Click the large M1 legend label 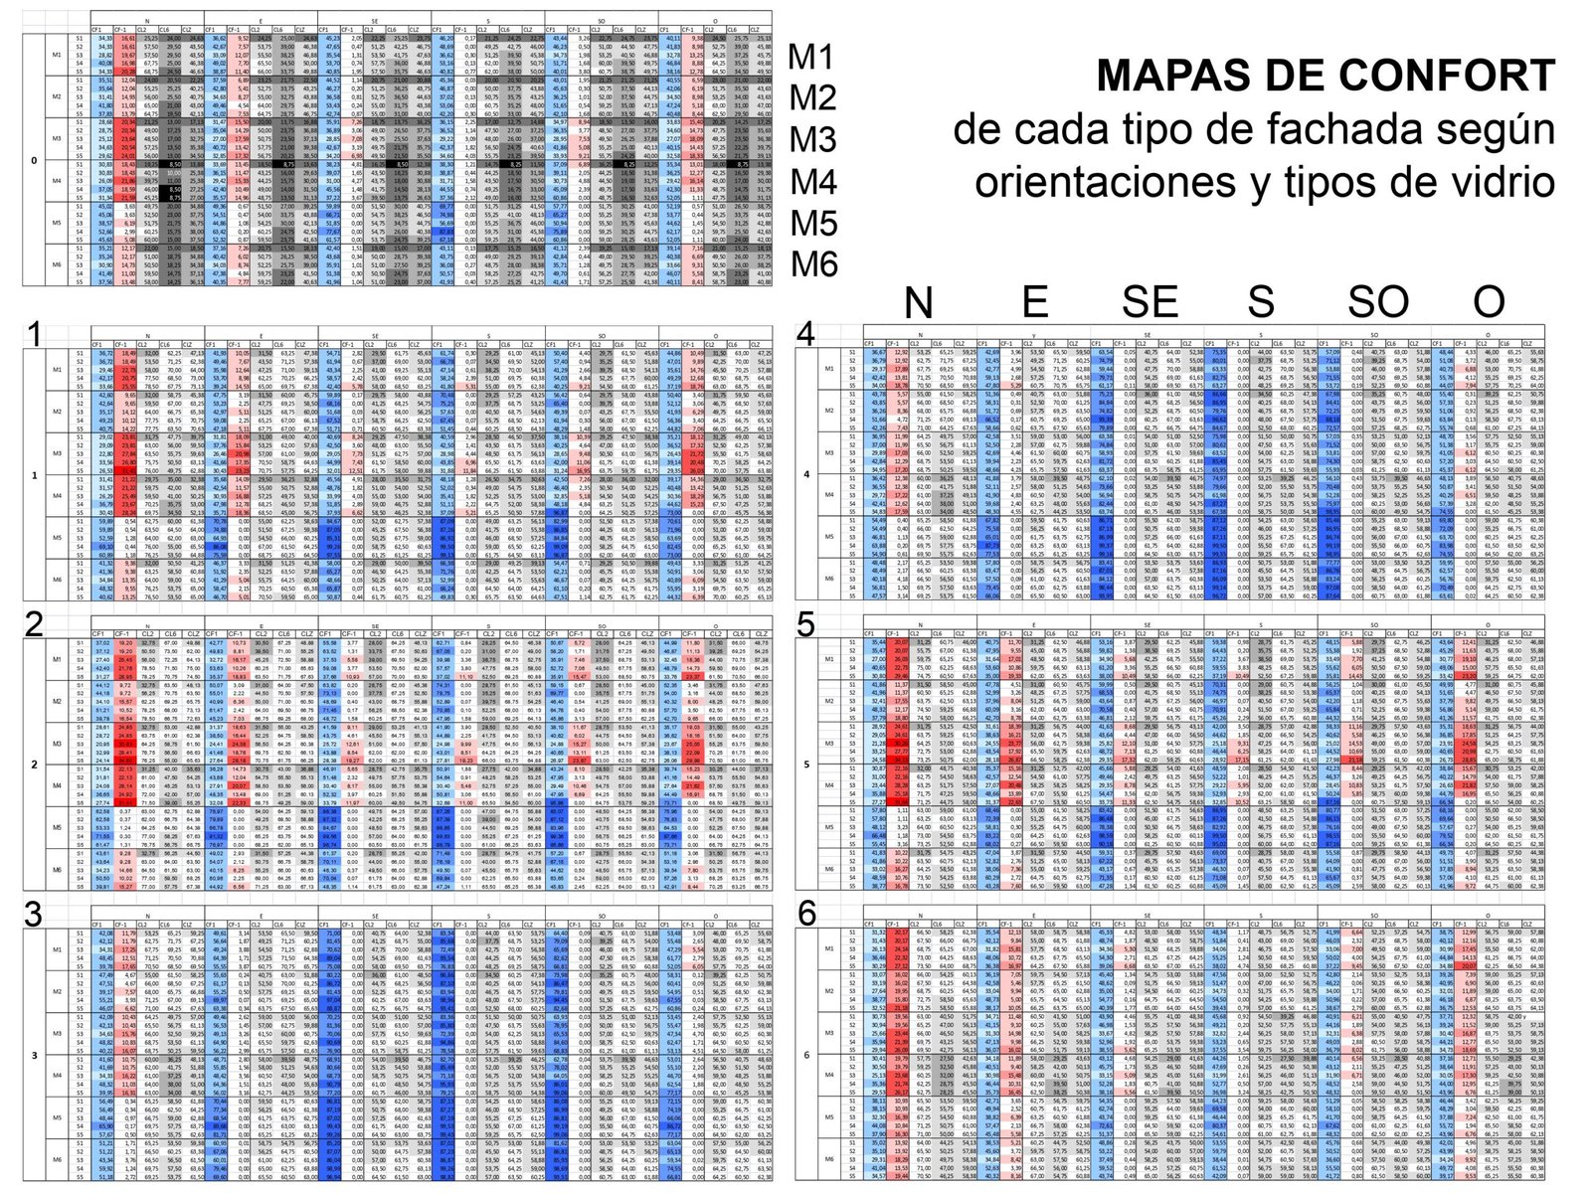(x=811, y=58)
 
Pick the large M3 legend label (x=811, y=140)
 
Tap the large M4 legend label (x=811, y=182)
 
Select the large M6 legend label (x=811, y=264)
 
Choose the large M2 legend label (x=811, y=98)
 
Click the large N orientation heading (x=918, y=302)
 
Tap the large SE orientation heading (x=1149, y=302)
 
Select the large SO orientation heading (x=1377, y=302)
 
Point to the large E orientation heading (x=1035, y=302)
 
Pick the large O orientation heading (x=1489, y=302)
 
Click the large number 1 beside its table (x=35, y=335)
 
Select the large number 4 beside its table (x=806, y=335)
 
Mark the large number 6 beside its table (x=806, y=914)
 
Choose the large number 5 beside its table (x=806, y=624)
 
